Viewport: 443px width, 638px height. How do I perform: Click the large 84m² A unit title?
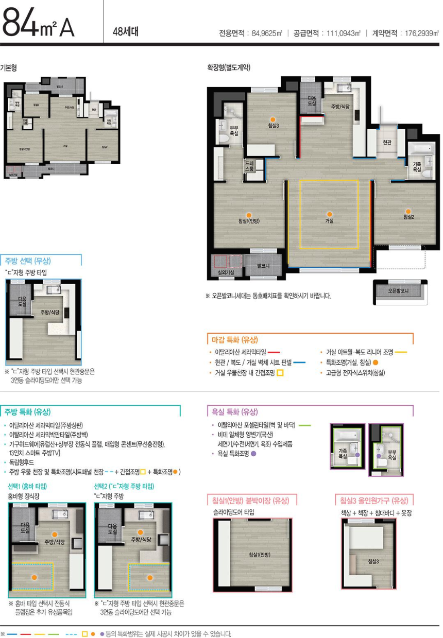click(x=39, y=25)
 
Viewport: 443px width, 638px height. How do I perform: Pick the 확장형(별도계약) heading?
click(x=229, y=67)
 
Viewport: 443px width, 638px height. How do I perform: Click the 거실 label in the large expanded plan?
click(x=329, y=220)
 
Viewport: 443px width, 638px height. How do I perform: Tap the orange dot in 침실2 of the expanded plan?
click(x=408, y=211)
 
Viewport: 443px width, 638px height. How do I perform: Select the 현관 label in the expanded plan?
click(x=387, y=142)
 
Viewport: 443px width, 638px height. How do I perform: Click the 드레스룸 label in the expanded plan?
click(x=249, y=166)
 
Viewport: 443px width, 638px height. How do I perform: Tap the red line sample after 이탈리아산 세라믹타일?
click(x=274, y=352)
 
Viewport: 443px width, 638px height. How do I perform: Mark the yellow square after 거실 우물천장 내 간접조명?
click(x=280, y=373)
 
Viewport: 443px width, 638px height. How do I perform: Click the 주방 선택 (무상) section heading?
click(x=28, y=260)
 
